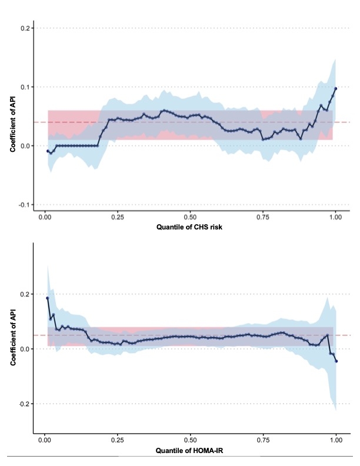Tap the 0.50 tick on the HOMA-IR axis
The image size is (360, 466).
click(x=190, y=440)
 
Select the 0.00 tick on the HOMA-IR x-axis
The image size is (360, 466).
click(x=45, y=440)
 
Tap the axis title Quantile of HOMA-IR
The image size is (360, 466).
click(x=190, y=450)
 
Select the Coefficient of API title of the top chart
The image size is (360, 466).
click(x=12, y=116)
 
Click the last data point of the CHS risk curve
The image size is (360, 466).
click(x=336, y=89)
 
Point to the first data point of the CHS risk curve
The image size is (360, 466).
click(x=48, y=151)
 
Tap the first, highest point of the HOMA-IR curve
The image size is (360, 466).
click(x=48, y=298)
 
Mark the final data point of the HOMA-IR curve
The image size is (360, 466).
click(x=336, y=361)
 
